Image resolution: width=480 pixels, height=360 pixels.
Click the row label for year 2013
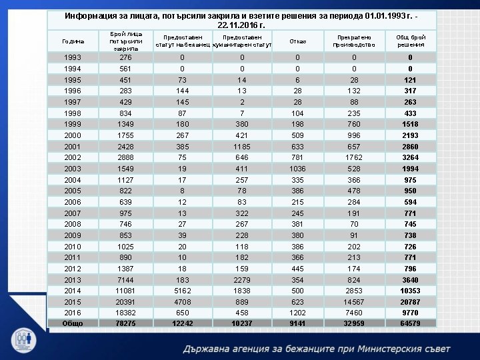tap(73, 280)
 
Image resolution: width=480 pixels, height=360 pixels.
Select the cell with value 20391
tap(125, 301)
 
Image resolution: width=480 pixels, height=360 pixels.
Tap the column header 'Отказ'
tap(297, 41)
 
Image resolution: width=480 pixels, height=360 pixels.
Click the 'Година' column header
tap(73, 41)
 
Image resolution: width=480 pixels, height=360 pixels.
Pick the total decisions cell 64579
tap(410, 323)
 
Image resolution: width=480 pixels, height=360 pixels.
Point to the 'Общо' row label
tap(73, 323)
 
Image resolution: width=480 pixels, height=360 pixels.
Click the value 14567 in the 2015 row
tap(354, 301)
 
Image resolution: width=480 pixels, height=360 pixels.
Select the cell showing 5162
tap(182, 291)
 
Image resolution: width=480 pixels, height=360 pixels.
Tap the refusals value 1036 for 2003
tap(297, 169)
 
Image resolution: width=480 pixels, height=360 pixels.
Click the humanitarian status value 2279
tap(242, 280)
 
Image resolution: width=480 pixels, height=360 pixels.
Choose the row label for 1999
tap(73, 124)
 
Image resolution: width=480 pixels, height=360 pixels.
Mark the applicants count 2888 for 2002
tap(125, 157)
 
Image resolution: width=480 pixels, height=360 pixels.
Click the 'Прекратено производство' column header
tap(354, 41)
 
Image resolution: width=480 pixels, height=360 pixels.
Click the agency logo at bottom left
tap(25, 339)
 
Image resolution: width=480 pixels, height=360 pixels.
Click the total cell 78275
tap(125, 323)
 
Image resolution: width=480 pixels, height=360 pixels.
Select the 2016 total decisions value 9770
tap(410, 312)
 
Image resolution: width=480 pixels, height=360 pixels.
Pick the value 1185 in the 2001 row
tap(242, 146)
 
